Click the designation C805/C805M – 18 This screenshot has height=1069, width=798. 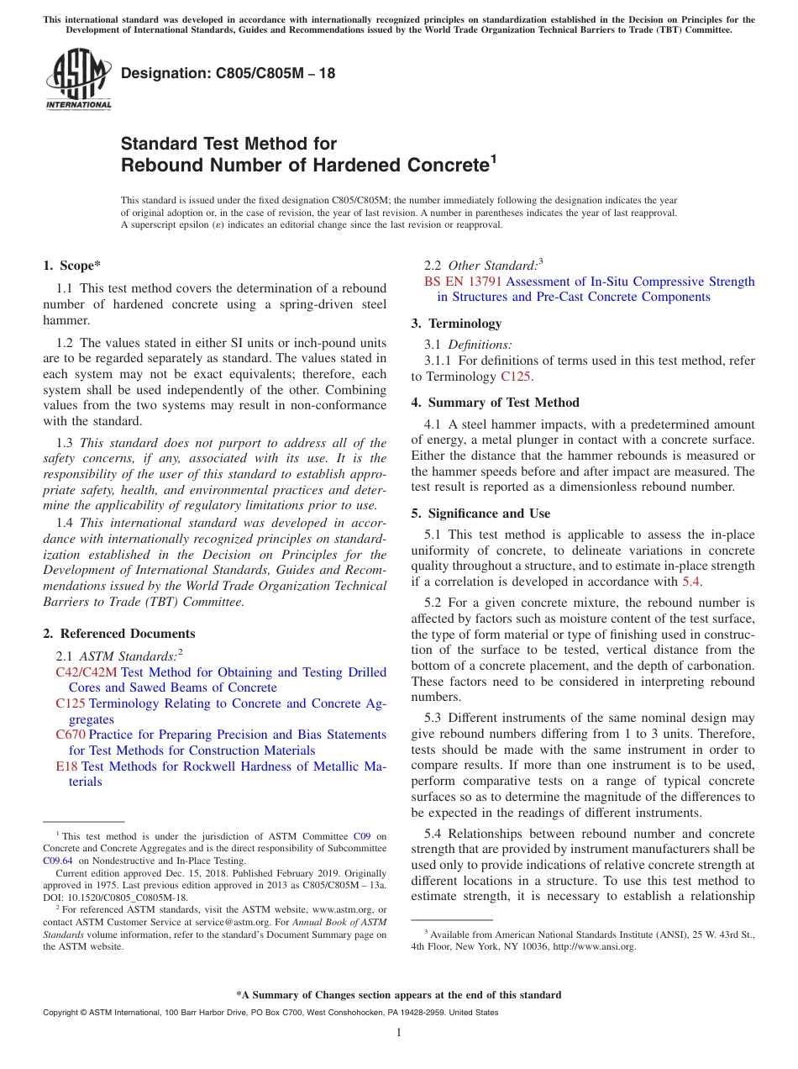click(x=228, y=73)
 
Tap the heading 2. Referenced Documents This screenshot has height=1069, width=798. click(x=118, y=634)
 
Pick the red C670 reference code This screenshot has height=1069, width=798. click(x=70, y=735)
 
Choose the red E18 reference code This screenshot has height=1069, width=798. click(x=66, y=766)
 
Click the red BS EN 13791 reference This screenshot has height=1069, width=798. click(x=464, y=282)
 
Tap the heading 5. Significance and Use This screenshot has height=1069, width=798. click(x=480, y=513)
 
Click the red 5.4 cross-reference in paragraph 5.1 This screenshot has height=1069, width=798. click(x=692, y=582)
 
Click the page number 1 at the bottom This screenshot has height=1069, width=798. click(x=399, y=1033)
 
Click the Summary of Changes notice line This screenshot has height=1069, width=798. click(x=398, y=995)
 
